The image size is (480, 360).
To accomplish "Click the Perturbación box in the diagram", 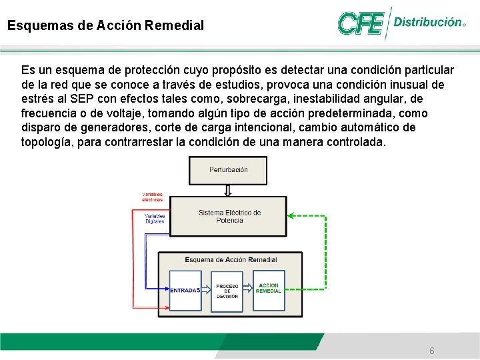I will click(228, 170).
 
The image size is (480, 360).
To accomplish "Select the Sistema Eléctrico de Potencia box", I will click(229, 216).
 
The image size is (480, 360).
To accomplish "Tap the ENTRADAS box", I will click(185, 290).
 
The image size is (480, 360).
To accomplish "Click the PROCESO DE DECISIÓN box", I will click(227, 290).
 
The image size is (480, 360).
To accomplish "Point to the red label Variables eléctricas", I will click(152, 197).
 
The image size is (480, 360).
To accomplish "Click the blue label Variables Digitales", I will click(155, 219).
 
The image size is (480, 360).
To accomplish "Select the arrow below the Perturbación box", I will click(228, 191).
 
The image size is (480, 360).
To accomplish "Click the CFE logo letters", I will click(360, 24).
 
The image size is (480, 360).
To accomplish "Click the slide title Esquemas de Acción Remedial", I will click(105, 27).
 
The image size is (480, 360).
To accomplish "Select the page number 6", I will click(432, 351).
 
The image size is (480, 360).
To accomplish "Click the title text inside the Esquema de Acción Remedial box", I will click(230, 259).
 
